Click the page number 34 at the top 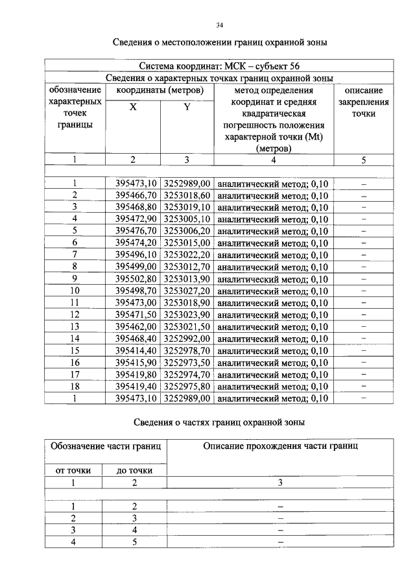coord(220,25)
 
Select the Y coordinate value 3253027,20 coord(186,291)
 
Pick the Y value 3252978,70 coord(186,350)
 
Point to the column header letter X coord(133,108)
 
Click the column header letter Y coord(186,108)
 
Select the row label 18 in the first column coord(75,386)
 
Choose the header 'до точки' coord(135,470)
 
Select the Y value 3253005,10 coord(186,219)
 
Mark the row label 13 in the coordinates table coord(75,326)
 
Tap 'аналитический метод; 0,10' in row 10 coord(272,291)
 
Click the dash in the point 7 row coord(364,254)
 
